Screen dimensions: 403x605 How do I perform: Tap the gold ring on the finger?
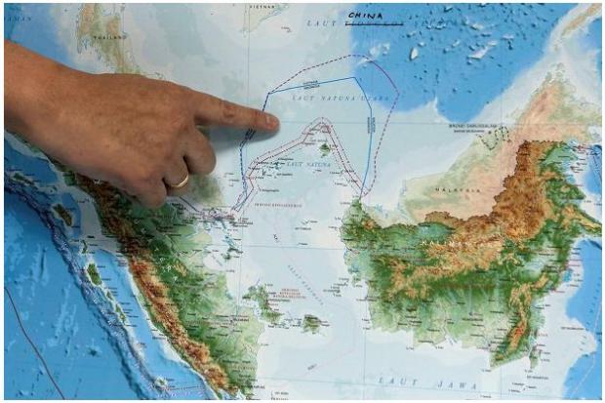(x=178, y=181)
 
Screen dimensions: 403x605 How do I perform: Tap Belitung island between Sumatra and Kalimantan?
(x=312, y=323)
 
